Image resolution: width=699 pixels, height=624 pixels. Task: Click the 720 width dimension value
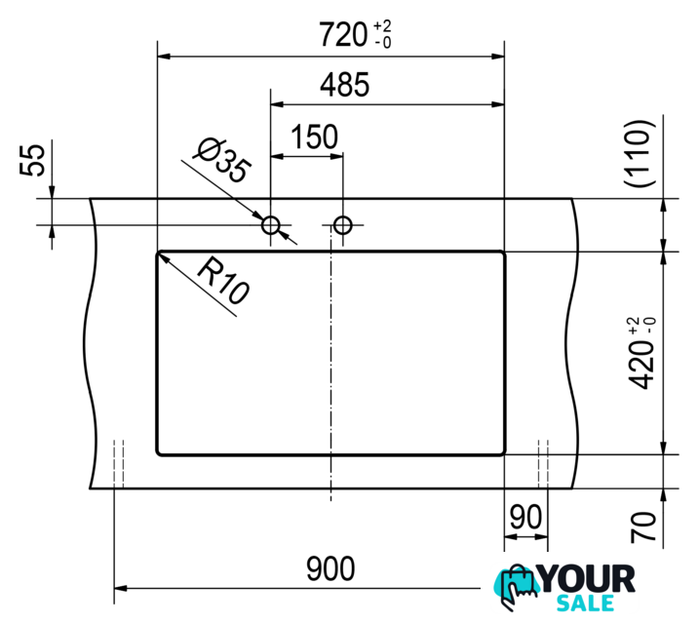click(343, 35)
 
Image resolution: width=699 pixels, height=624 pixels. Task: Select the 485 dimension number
click(344, 85)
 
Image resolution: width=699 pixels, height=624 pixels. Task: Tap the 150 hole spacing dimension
click(314, 136)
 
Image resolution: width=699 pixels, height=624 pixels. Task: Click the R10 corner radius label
click(223, 282)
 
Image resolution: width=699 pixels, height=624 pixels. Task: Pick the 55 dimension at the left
click(32, 160)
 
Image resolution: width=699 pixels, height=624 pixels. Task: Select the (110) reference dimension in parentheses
click(640, 154)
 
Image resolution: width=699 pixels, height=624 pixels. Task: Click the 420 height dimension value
click(641, 366)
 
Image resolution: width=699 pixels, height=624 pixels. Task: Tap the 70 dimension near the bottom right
click(643, 527)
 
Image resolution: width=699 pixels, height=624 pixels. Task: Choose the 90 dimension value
click(525, 517)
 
